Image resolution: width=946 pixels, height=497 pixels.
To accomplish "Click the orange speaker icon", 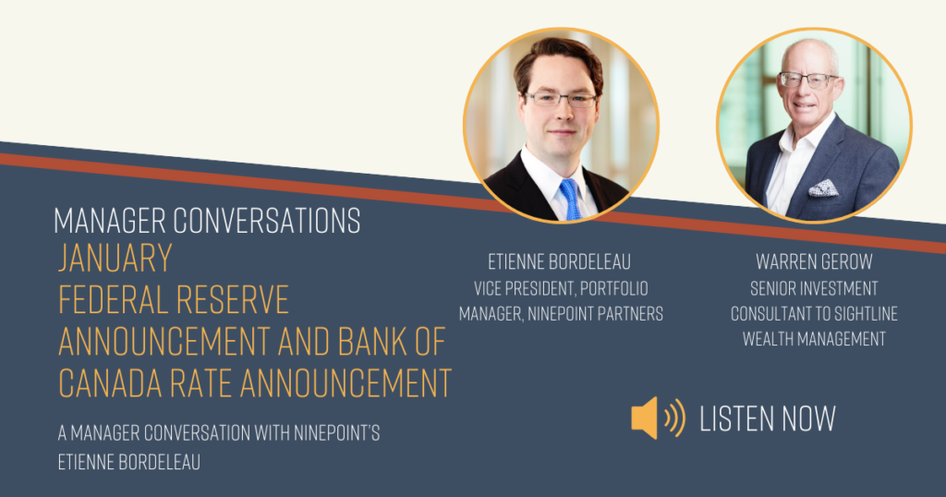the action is pyautogui.click(x=658, y=418).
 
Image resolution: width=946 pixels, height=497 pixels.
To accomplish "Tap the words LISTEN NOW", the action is pyautogui.click(x=768, y=418).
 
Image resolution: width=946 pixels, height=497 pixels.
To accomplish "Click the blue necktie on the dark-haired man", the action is pyautogui.click(x=570, y=199).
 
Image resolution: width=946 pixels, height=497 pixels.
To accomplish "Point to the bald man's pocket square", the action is pyautogui.click(x=823, y=188).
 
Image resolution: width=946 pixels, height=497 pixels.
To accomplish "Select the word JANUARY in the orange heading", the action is pyautogui.click(x=115, y=258).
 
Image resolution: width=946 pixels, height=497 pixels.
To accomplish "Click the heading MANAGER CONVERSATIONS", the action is pyautogui.click(x=207, y=220).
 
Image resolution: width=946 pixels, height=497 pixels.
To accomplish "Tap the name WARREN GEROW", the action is pyautogui.click(x=814, y=261).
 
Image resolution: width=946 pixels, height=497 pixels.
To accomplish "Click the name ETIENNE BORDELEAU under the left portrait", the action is pyautogui.click(x=559, y=261).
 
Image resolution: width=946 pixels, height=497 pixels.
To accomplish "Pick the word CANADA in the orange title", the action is pyautogui.click(x=111, y=382).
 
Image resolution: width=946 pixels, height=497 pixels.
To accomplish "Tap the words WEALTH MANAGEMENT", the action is pyautogui.click(x=814, y=339).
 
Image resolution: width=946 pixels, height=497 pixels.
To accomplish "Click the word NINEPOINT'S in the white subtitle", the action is pyautogui.click(x=336, y=432).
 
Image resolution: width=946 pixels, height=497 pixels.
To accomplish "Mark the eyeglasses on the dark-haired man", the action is pyautogui.click(x=561, y=99).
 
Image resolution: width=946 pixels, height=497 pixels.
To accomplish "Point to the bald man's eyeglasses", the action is pyautogui.click(x=808, y=79).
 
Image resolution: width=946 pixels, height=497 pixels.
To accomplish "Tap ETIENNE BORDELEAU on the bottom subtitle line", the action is pyautogui.click(x=129, y=462).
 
